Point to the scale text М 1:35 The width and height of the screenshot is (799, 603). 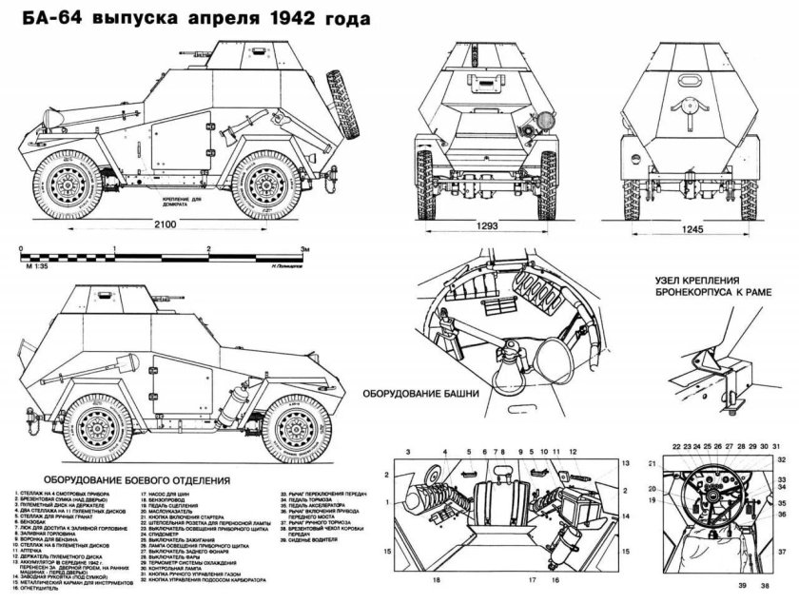(x=35, y=266)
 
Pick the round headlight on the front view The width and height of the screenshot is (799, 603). (x=546, y=122)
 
